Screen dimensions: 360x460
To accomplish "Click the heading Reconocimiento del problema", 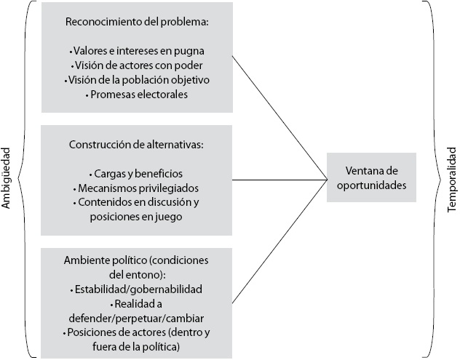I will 137,23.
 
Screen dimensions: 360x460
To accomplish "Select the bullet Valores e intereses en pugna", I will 137,51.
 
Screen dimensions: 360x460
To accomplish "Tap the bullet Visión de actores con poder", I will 137,65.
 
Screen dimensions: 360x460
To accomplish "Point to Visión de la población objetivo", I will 137,80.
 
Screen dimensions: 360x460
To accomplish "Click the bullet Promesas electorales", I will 137,95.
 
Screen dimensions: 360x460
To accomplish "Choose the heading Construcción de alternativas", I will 137,145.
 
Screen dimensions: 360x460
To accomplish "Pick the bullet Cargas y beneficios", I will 137,174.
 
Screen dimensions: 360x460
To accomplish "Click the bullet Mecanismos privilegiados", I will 137,188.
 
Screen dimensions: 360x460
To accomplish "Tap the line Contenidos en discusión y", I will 137,202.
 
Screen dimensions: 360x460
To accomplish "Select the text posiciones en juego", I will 137,216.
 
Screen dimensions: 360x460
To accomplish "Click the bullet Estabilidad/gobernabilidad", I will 137,289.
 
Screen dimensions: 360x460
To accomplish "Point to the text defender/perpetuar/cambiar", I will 137,317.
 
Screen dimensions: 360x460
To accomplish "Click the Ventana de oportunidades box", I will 371,177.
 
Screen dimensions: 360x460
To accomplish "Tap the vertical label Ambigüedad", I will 8,179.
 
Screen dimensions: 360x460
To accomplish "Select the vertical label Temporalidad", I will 451,179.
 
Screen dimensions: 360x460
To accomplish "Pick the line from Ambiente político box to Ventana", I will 280,240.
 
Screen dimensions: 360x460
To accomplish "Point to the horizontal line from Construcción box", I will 280,179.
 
